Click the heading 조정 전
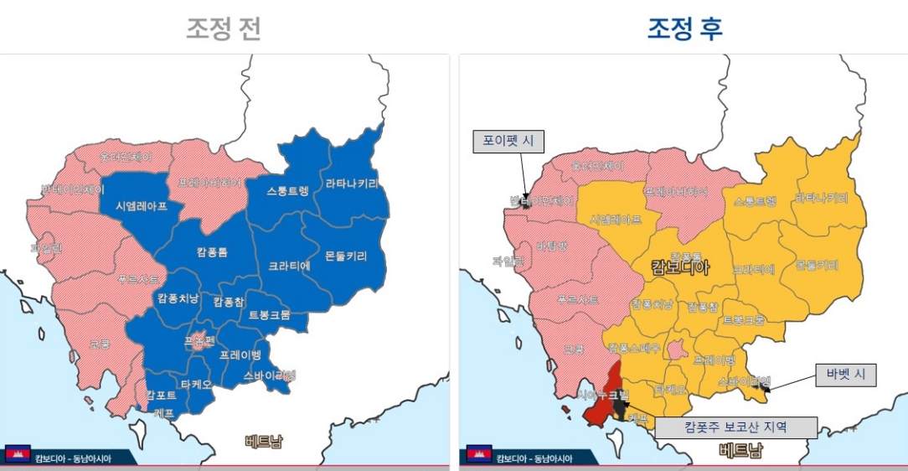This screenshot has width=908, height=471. [224, 28]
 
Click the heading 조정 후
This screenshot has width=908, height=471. [684, 28]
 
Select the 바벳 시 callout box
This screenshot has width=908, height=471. [846, 375]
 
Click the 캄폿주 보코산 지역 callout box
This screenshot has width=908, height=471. [735, 427]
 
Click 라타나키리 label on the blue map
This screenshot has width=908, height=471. [352, 184]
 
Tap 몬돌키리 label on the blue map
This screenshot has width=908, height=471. [345, 256]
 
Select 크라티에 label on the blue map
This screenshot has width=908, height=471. [290, 265]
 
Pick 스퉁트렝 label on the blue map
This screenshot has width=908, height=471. [288, 190]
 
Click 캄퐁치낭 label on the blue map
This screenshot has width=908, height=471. [178, 298]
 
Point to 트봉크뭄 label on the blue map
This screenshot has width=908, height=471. [270, 315]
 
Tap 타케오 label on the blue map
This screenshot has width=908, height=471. [196, 385]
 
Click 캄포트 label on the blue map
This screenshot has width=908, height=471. [161, 395]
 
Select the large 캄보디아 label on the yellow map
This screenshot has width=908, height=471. [680, 268]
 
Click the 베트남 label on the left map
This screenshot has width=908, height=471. [263, 442]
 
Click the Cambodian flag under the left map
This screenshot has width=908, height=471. [18, 455]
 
